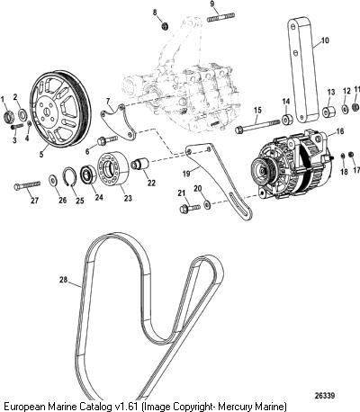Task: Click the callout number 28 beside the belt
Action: pyautogui.click(x=63, y=280)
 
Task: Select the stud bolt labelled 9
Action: pyautogui.click(x=221, y=17)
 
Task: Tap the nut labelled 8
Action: pyautogui.click(x=165, y=26)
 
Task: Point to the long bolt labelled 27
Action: pyautogui.click(x=27, y=185)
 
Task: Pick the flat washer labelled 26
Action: pyautogui.click(x=54, y=180)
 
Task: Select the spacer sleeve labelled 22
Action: pyautogui.click(x=140, y=165)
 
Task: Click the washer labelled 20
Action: pyautogui.click(x=207, y=205)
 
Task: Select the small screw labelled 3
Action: pyautogui.click(x=17, y=126)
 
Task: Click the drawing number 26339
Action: pyautogui.click(x=324, y=396)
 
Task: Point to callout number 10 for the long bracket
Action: pyautogui.click(x=324, y=40)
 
